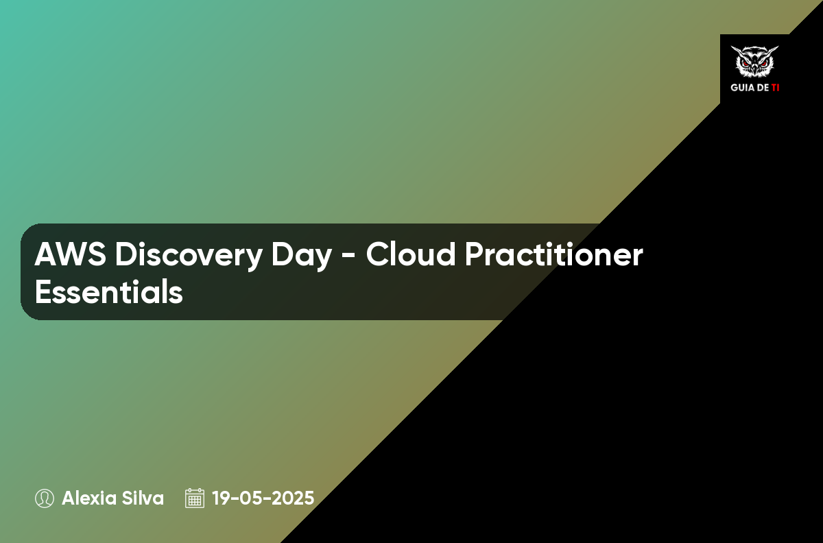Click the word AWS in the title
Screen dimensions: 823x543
pyautogui.click(x=70, y=254)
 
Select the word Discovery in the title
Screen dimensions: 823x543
pyautogui.click(x=189, y=256)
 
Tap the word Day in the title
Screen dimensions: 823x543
pyautogui.click(x=302, y=256)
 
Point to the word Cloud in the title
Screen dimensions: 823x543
pyautogui.click(x=410, y=254)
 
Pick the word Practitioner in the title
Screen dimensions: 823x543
pyautogui.click(x=554, y=254)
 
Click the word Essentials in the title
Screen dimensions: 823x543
pyautogui.click(x=109, y=291)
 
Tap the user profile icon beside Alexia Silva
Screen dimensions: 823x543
pyautogui.click(x=45, y=498)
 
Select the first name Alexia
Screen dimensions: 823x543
pyautogui.click(x=89, y=498)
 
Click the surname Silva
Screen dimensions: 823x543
pyautogui.click(x=143, y=498)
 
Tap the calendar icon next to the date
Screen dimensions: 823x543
pyautogui.click(x=195, y=498)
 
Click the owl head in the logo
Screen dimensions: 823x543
pyautogui.click(x=754, y=62)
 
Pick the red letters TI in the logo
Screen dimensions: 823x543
pyautogui.click(x=775, y=88)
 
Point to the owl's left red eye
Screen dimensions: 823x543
pyautogui.click(x=746, y=63)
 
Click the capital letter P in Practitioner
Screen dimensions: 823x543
pyautogui.click(x=474, y=254)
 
